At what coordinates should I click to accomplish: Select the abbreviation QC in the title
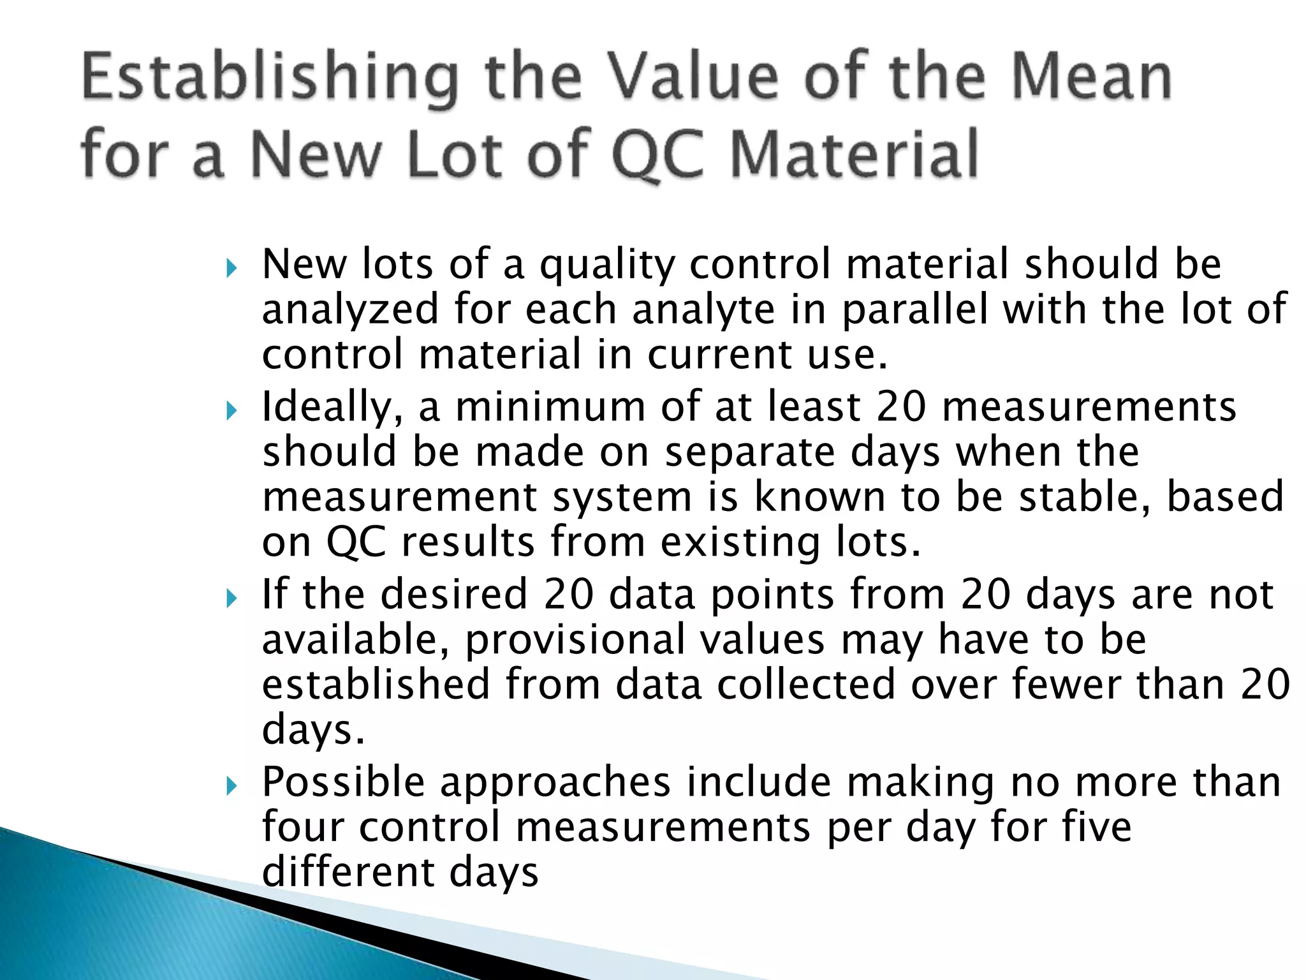657,155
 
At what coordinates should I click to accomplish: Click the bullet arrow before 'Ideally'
231,410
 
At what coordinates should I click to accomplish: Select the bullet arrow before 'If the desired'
231,598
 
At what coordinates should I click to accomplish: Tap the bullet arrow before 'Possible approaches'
231,785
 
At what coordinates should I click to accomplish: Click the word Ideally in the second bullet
332,407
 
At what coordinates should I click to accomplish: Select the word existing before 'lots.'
740,542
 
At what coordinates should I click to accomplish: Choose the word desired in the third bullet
453,594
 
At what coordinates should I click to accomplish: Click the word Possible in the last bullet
344,782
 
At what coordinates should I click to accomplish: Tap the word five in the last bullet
1097,827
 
